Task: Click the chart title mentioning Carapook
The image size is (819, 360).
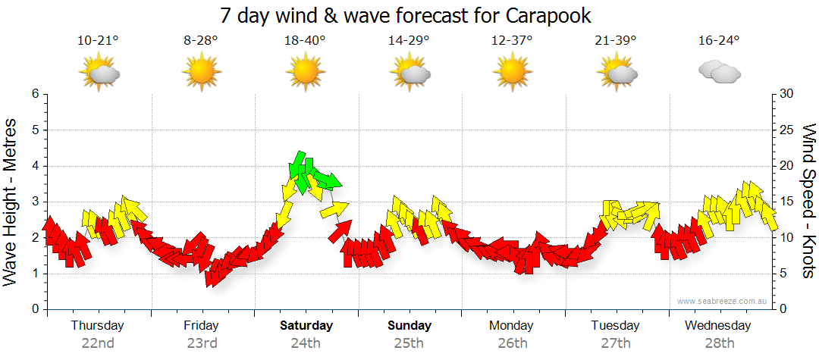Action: tap(406, 15)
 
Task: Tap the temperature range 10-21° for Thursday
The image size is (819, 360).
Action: tap(98, 41)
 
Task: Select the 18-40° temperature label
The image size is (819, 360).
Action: tap(306, 41)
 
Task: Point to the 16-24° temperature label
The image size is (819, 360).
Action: tap(719, 41)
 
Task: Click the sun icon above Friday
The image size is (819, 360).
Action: tap(201, 73)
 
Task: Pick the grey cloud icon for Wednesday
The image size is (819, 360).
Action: tap(719, 73)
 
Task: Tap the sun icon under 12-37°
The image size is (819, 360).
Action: tap(512, 73)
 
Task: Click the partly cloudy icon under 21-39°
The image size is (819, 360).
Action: tap(616, 73)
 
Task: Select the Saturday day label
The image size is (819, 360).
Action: tap(306, 326)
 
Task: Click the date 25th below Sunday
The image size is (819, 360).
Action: tap(409, 343)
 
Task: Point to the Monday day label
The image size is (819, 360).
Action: tap(512, 326)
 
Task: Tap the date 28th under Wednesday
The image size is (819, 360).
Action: tap(718, 343)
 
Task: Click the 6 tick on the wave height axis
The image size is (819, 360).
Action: tap(34, 94)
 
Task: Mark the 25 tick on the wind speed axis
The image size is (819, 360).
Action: tap(787, 130)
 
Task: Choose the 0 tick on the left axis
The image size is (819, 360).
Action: tap(34, 309)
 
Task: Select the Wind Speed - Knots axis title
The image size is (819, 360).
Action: tap(808, 201)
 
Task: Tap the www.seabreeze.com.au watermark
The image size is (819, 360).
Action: tap(723, 302)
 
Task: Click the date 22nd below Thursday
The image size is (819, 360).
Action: tap(98, 343)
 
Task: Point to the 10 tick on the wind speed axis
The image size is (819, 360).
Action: tap(787, 237)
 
